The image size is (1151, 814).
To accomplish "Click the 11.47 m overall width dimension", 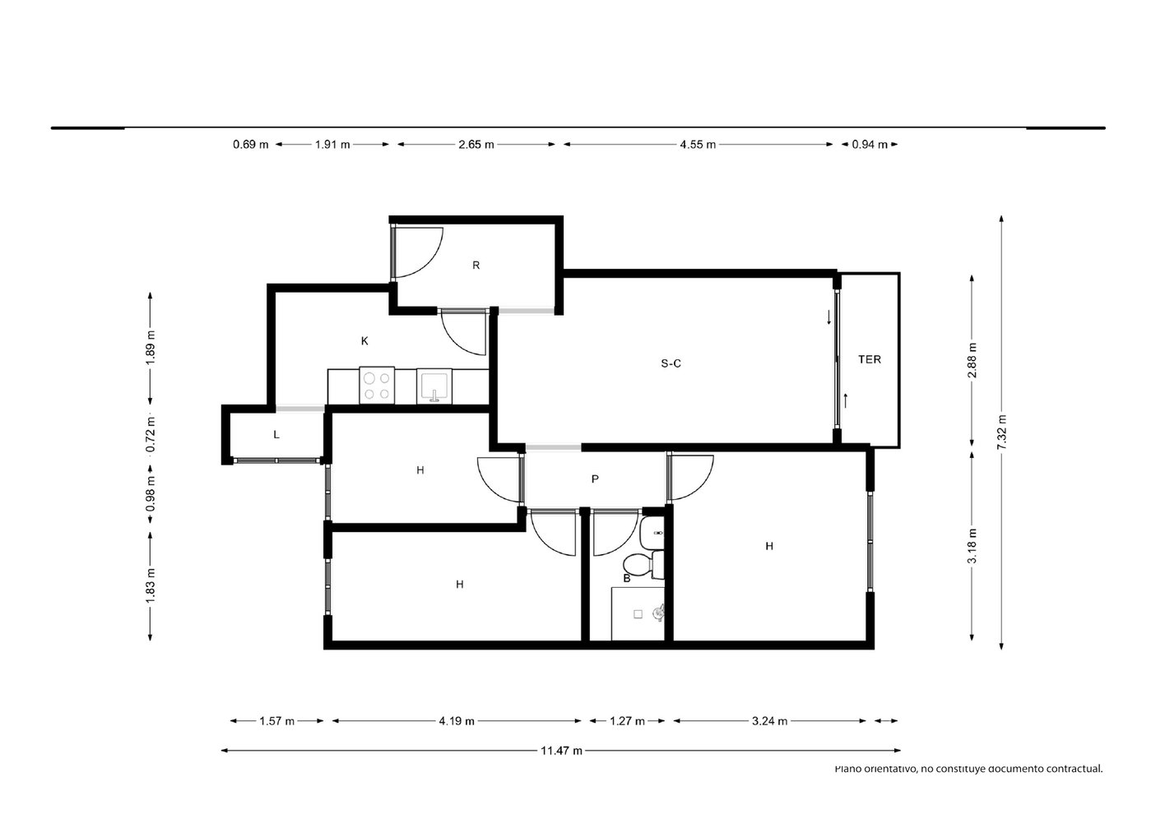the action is pos(561,751).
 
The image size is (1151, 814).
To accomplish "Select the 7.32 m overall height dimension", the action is pos(1001,432).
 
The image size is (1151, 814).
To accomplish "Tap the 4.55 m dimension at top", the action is pos(698,145).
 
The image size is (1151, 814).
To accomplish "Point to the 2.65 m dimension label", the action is pos(476,145).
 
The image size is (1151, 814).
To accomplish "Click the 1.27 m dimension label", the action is pos(627,721).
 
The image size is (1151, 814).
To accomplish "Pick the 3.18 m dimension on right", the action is pos(972,545).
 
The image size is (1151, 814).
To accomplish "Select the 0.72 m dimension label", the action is pos(150,434).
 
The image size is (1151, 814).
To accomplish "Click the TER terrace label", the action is pos(870,359).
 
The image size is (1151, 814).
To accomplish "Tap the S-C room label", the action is pos(671,363).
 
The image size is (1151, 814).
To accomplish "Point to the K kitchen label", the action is pos(364,341).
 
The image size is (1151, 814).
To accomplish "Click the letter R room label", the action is pos(476,266).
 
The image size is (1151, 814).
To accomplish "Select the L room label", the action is pos(276,435).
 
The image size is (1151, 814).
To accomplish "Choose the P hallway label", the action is pos(595,479).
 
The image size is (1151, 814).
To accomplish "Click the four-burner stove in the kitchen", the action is pos(377,386).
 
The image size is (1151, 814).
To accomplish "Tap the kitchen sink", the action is pos(434,386).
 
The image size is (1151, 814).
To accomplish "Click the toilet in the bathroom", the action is pos(643,564).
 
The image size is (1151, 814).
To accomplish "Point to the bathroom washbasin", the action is pos(652,533).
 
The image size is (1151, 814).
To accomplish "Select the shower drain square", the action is pos(638,614).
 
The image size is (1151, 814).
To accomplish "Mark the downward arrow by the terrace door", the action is pos(828,317).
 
